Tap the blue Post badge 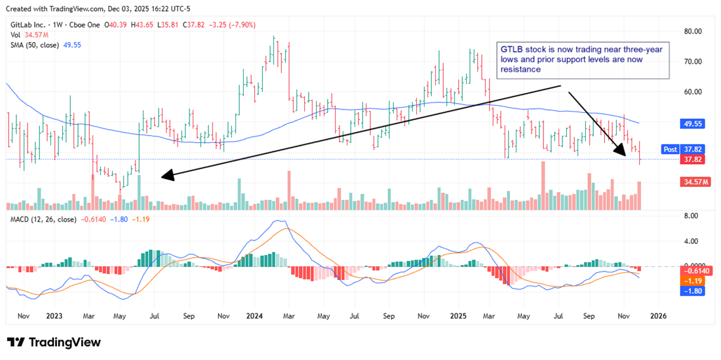pos(670,149)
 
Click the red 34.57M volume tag pos(694,180)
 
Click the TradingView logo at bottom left pos(54,342)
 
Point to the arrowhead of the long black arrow pos(163,175)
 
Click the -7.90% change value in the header pos(241,25)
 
